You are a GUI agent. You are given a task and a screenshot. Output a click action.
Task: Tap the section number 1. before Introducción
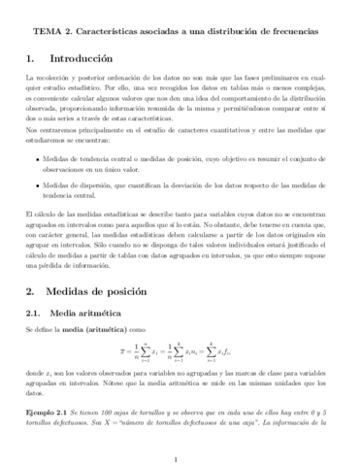[31, 57]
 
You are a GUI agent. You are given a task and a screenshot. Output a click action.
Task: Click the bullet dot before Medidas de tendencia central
[38, 159]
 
